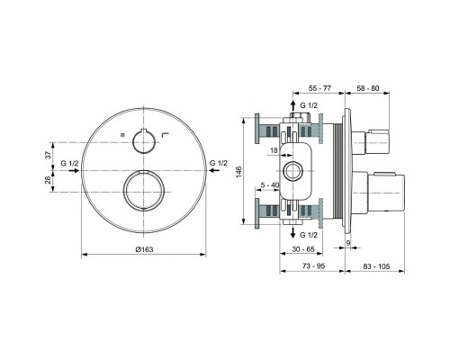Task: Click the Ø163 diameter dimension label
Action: click(x=144, y=249)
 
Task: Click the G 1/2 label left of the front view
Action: click(x=69, y=163)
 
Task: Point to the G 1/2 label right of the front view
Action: click(x=218, y=163)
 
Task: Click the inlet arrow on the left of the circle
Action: click(x=74, y=171)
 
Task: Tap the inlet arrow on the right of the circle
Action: click(x=213, y=171)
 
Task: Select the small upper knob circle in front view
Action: click(x=144, y=141)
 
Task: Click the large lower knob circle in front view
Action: click(x=144, y=191)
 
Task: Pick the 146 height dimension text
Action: click(x=238, y=171)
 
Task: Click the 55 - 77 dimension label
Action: click(x=319, y=88)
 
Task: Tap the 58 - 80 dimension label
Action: click(x=368, y=88)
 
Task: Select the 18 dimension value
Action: click(x=274, y=150)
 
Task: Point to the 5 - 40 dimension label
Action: click(x=270, y=185)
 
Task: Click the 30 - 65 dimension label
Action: click(x=303, y=249)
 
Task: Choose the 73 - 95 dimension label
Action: click(x=313, y=265)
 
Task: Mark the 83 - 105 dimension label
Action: click(x=376, y=265)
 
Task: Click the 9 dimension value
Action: click(x=348, y=243)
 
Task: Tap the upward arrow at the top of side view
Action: click(x=293, y=107)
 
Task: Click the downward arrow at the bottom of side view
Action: click(x=293, y=232)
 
